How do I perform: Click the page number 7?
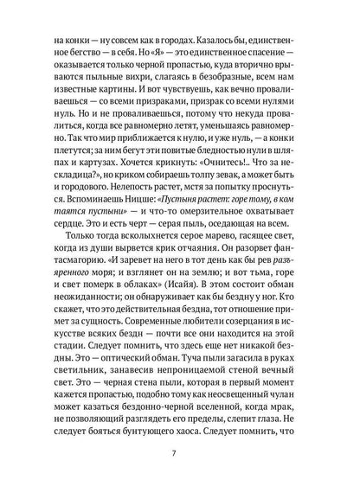click(x=179, y=451)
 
